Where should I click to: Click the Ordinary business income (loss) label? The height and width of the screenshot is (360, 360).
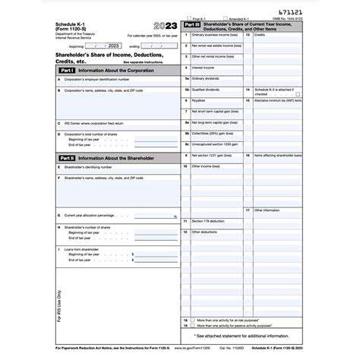coord(214,35)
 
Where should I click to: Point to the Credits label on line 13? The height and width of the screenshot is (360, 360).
coord(260,35)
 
